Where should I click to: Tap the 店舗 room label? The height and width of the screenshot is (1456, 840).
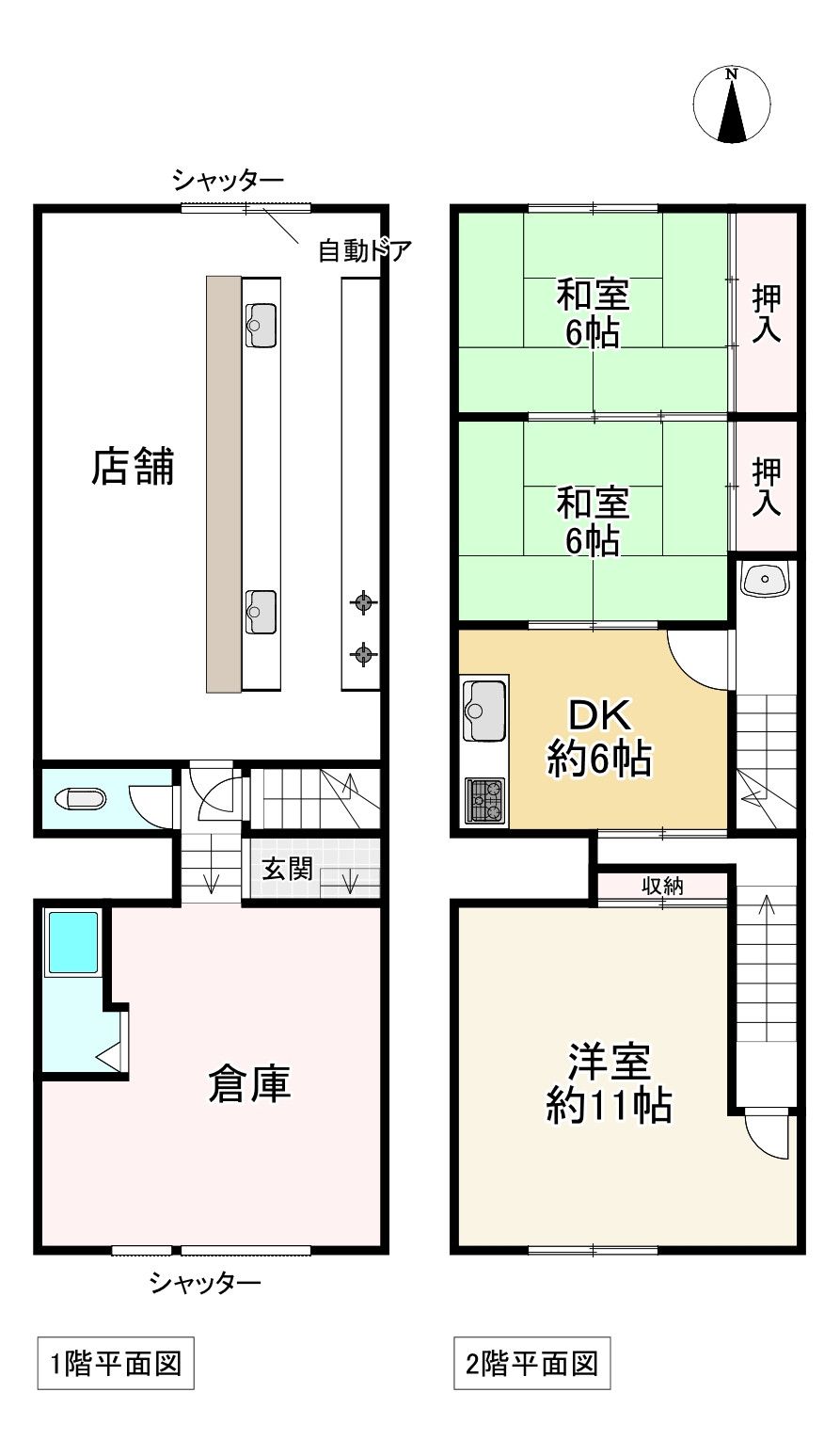(133, 467)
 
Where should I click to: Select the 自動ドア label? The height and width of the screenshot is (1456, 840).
(364, 251)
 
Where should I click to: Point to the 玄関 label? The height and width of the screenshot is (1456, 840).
(286, 870)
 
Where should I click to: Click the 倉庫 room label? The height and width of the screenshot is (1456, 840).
(248, 1084)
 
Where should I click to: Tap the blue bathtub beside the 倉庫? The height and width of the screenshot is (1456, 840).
(73, 942)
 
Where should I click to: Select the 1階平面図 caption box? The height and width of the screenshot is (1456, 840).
(115, 1363)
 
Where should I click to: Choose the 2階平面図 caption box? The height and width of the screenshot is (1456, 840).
(531, 1363)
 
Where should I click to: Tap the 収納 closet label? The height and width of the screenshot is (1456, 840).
(662, 886)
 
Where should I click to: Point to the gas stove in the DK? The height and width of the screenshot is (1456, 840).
(486, 801)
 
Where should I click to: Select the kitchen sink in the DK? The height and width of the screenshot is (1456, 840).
(484, 710)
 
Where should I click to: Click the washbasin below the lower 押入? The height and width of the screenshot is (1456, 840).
(766, 579)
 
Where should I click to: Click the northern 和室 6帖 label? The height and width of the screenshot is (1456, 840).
(593, 313)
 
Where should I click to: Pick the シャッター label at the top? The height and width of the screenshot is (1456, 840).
(228, 179)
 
